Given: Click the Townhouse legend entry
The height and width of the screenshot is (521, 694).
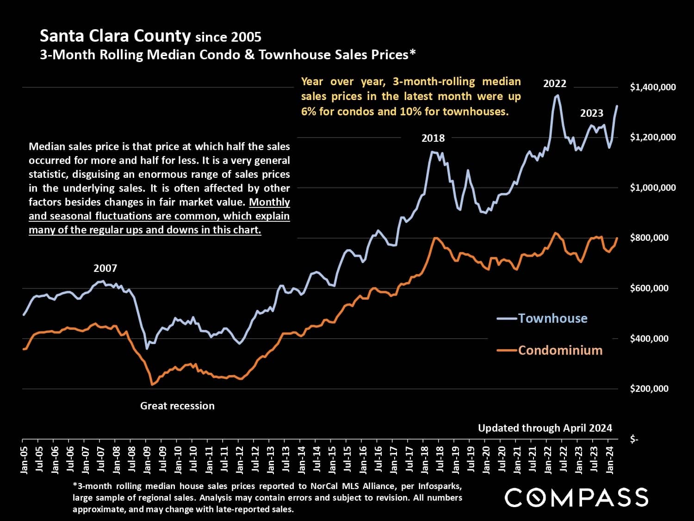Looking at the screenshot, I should pyautogui.click(x=552, y=318).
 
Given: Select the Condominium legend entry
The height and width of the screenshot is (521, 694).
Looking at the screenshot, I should pyautogui.click(x=560, y=350).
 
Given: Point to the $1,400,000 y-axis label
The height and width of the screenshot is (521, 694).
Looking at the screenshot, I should pyautogui.click(x=652, y=87).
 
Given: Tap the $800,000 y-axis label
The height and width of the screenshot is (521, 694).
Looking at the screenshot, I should pyautogui.click(x=649, y=238).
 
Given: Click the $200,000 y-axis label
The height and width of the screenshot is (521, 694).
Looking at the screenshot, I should pyautogui.click(x=649, y=389).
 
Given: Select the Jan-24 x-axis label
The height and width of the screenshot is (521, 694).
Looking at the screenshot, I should pyautogui.click(x=610, y=460).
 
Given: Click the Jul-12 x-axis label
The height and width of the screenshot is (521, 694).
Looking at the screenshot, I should pyautogui.click(x=255, y=460).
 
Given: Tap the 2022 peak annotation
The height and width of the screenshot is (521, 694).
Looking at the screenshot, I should pyautogui.click(x=554, y=84).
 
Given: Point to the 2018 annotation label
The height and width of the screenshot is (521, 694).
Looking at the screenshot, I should pyautogui.click(x=433, y=138).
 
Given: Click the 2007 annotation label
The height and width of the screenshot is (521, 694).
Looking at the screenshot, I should pyautogui.click(x=105, y=268).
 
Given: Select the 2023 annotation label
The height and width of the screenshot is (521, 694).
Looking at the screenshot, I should pyautogui.click(x=592, y=113).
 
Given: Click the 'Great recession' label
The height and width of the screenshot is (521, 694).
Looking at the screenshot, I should pyautogui.click(x=177, y=406).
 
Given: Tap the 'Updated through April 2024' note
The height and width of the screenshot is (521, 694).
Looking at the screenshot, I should pyautogui.click(x=545, y=428).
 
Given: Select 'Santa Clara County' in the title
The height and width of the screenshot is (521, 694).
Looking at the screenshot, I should pyautogui.click(x=115, y=36).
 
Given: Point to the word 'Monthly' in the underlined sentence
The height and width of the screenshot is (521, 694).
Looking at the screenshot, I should pyautogui.click(x=270, y=202).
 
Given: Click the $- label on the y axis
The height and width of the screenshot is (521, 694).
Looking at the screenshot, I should pyautogui.click(x=634, y=439).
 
